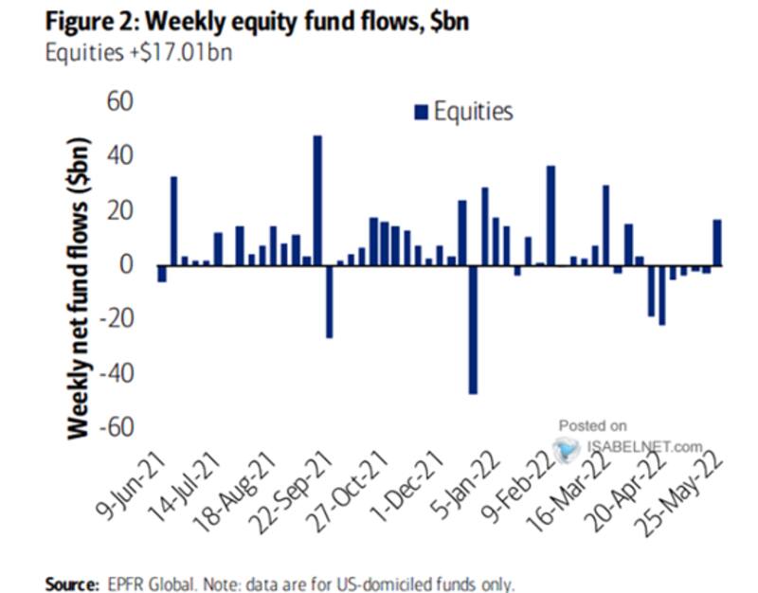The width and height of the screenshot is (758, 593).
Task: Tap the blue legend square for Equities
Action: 421,113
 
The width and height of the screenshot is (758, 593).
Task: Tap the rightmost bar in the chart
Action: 718,243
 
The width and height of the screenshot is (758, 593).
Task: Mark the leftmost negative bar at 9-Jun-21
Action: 162,274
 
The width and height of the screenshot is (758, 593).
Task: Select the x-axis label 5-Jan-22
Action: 462,486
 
